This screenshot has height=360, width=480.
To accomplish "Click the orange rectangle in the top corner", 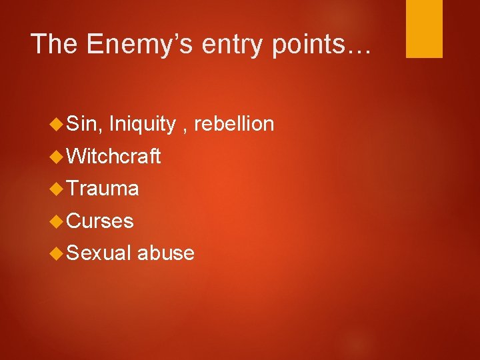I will [424, 29].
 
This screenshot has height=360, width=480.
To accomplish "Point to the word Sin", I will [83, 124].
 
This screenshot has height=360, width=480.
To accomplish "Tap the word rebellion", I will [235, 124].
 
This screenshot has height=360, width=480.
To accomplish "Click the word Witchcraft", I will [114, 157].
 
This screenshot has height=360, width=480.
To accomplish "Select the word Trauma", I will [103, 189].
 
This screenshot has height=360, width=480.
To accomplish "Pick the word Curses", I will [101, 221].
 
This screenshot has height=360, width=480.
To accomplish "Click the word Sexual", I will [99, 253].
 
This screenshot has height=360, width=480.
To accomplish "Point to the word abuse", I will [167, 253].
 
